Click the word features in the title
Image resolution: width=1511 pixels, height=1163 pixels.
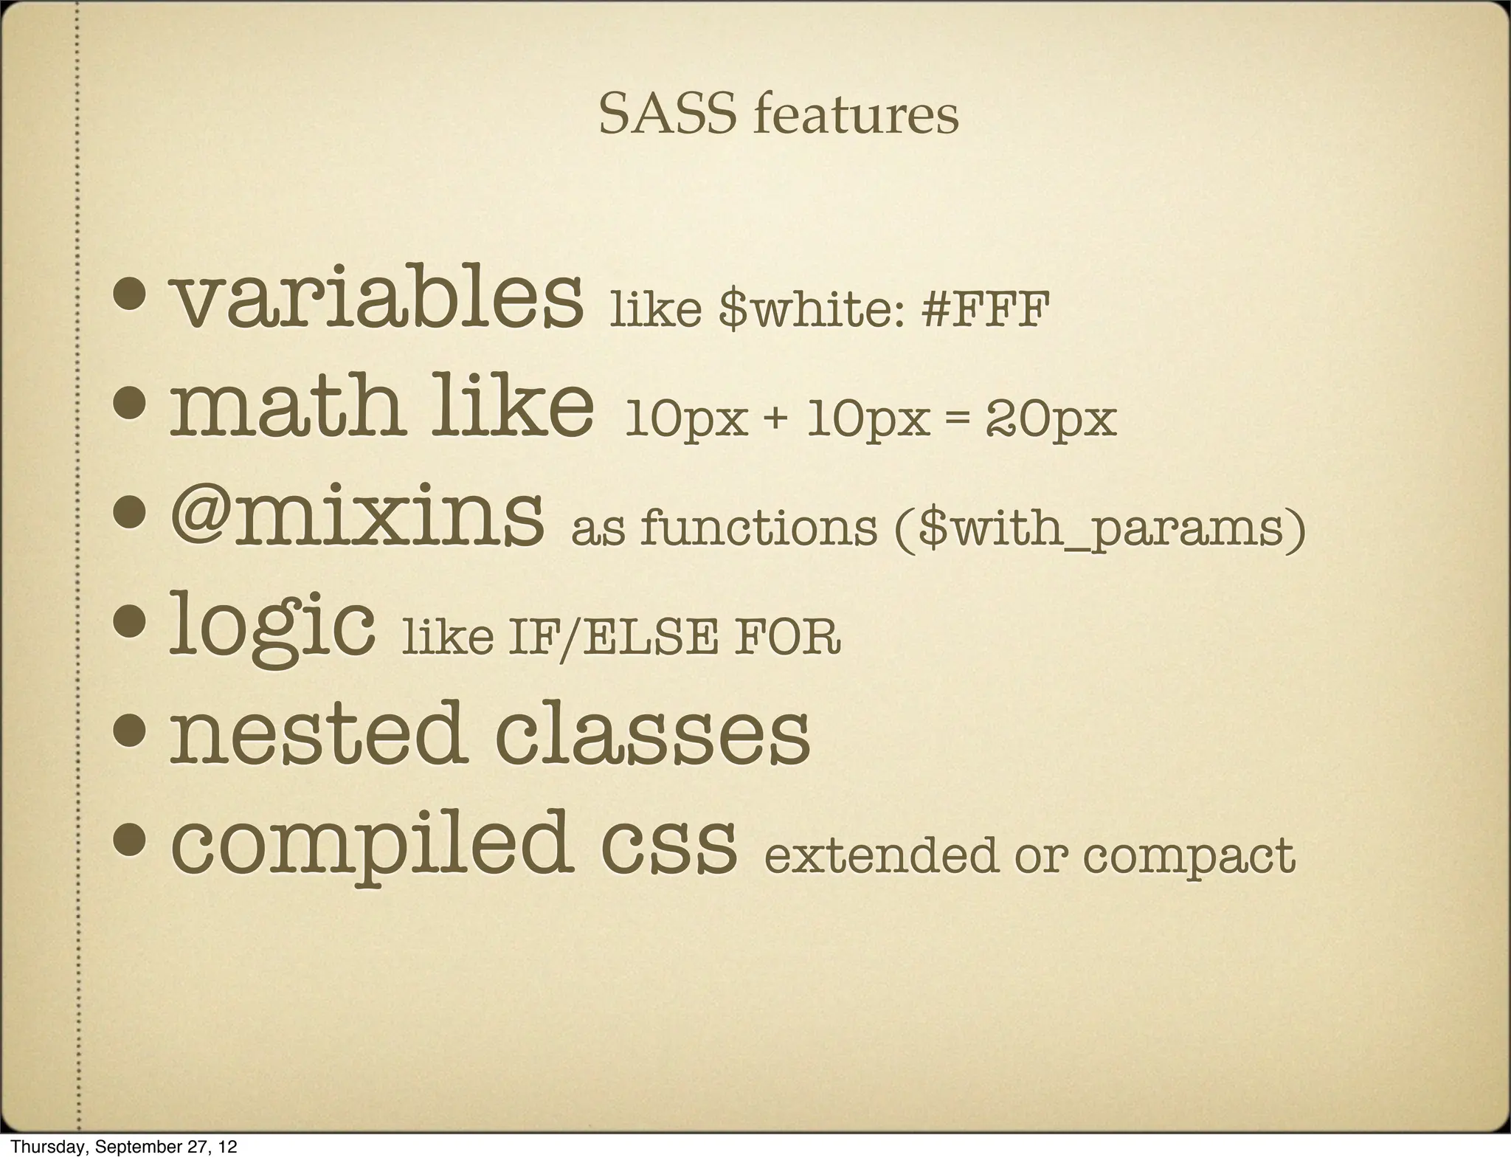(x=857, y=116)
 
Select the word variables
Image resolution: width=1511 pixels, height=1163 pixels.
(x=376, y=301)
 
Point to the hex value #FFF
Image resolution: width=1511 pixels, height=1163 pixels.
(x=985, y=310)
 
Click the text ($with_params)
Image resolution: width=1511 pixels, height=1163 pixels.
(x=1099, y=528)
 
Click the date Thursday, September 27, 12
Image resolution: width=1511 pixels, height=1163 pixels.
(x=125, y=1147)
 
